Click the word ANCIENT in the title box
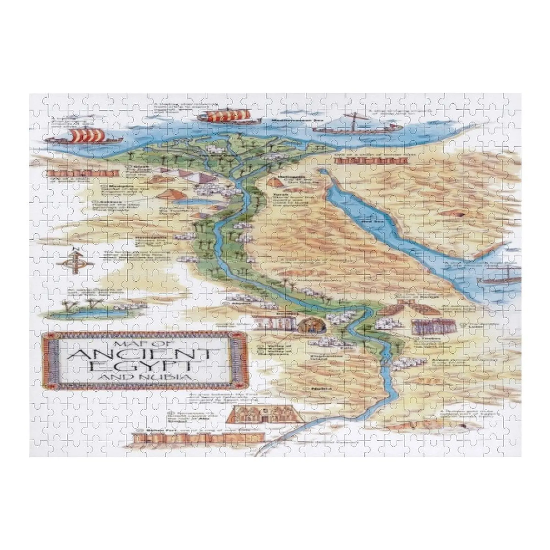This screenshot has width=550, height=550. coord(144,353)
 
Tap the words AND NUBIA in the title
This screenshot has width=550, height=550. coord(144,377)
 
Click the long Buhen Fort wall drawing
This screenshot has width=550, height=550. coord(198,438)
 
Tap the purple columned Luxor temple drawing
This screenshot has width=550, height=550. coord(435,326)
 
